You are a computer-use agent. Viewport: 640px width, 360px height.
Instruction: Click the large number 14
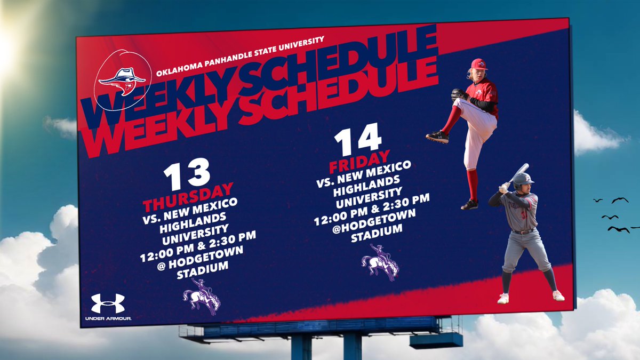pos(358,137)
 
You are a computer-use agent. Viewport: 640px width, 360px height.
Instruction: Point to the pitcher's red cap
pos(478,64)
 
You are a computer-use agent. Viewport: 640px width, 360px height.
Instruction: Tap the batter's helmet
pos(523,180)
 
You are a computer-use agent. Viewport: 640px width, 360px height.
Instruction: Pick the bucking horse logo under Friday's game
pos(380,266)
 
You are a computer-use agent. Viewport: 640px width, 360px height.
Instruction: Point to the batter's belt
pos(524,231)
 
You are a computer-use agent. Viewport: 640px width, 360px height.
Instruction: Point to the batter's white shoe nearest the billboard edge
pos(558,295)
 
